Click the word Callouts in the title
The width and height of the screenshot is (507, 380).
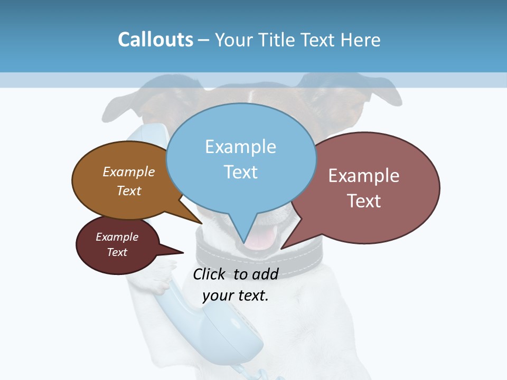[155, 40]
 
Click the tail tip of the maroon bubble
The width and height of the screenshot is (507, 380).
[183, 253]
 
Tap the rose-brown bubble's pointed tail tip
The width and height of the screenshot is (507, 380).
[281, 248]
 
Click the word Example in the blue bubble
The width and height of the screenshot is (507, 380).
[240, 147]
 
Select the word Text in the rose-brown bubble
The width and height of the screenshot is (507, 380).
[363, 201]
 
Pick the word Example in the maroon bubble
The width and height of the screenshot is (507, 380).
[117, 237]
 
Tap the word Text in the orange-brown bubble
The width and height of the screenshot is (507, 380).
[129, 191]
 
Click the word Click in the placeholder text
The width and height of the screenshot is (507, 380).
[210, 274]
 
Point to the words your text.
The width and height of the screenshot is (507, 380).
[236, 296]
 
